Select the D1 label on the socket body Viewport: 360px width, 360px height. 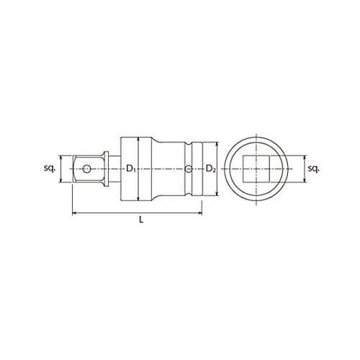[x=130, y=169]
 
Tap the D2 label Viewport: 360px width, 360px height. [x=210, y=169]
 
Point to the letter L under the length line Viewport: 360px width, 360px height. [x=141, y=222]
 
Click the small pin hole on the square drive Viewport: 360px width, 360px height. [x=87, y=169]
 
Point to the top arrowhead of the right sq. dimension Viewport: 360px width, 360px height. [x=303, y=156]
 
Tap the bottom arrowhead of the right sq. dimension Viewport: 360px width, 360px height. [x=303, y=183]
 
